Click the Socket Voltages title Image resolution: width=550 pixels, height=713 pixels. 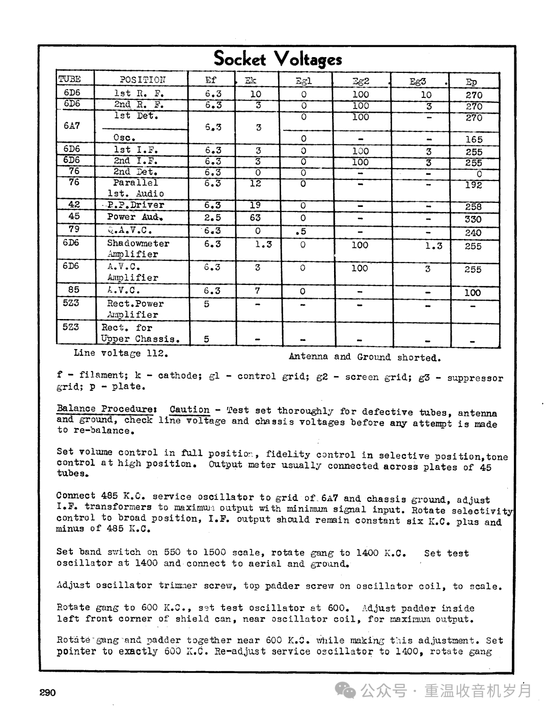[x=278, y=59]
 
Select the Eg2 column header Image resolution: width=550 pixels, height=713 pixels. [x=361, y=81]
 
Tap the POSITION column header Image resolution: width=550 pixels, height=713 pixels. [x=142, y=80]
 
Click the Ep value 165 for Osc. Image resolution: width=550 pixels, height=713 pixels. [x=474, y=139]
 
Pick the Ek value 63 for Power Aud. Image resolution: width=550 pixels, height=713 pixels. [x=256, y=218]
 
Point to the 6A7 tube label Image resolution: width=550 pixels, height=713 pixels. [x=72, y=126]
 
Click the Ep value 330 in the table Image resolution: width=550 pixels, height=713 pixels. [x=473, y=219]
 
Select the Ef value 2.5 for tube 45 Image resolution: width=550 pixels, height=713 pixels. [x=212, y=218]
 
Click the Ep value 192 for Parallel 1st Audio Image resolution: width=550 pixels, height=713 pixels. [x=473, y=185]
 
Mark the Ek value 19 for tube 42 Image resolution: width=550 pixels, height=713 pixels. [x=256, y=205]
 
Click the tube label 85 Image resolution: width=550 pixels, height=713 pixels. [x=74, y=289]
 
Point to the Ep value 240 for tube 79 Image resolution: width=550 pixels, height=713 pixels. [x=473, y=232]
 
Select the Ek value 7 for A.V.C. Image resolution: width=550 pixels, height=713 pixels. [x=258, y=291]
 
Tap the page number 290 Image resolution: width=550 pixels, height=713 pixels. [x=47, y=692]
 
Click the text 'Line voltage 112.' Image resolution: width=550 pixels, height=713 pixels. [x=121, y=353]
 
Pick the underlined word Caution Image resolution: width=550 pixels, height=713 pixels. [x=189, y=410]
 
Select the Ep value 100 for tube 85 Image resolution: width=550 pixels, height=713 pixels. [x=473, y=293]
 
